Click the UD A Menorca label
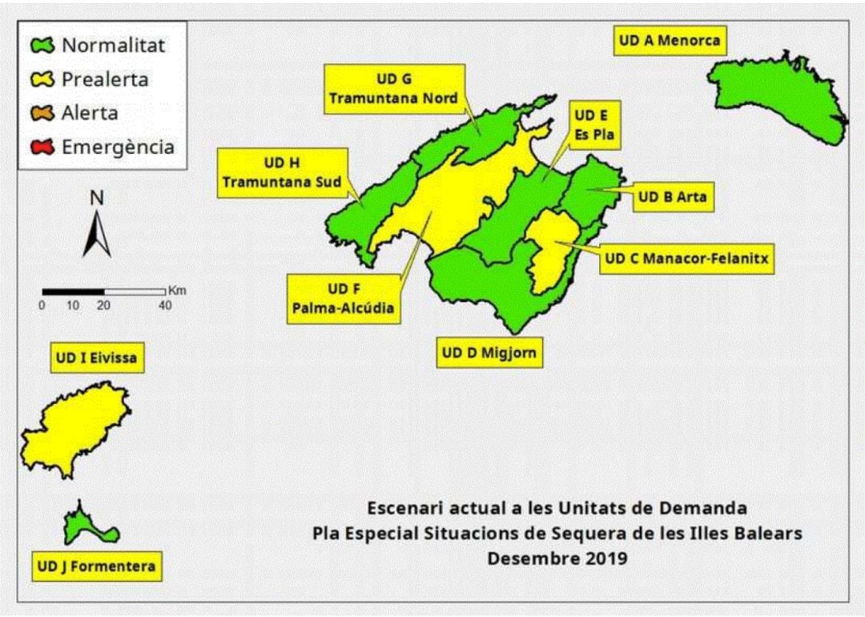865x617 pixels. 670,40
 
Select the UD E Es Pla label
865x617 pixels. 593,126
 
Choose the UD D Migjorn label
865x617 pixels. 489,353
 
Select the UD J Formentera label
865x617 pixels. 96,567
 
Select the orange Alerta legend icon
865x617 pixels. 43,113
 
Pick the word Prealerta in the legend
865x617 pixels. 105,79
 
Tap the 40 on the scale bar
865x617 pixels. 165,305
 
